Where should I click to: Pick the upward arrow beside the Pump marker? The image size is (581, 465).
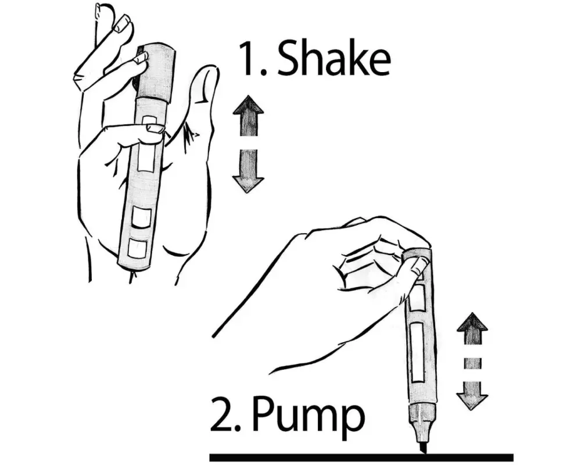[x=472, y=328]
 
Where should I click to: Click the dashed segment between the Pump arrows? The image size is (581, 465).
[x=472, y=363]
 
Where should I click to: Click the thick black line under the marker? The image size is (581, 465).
[x=361, y=457]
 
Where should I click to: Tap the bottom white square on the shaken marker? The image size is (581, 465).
[x=137, y=248]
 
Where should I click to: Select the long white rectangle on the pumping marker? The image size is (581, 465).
[x=417, y=352]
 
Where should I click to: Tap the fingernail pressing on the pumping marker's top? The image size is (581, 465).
[x=419, y=266]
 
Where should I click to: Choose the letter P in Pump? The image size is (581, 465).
[x=265, y=414]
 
